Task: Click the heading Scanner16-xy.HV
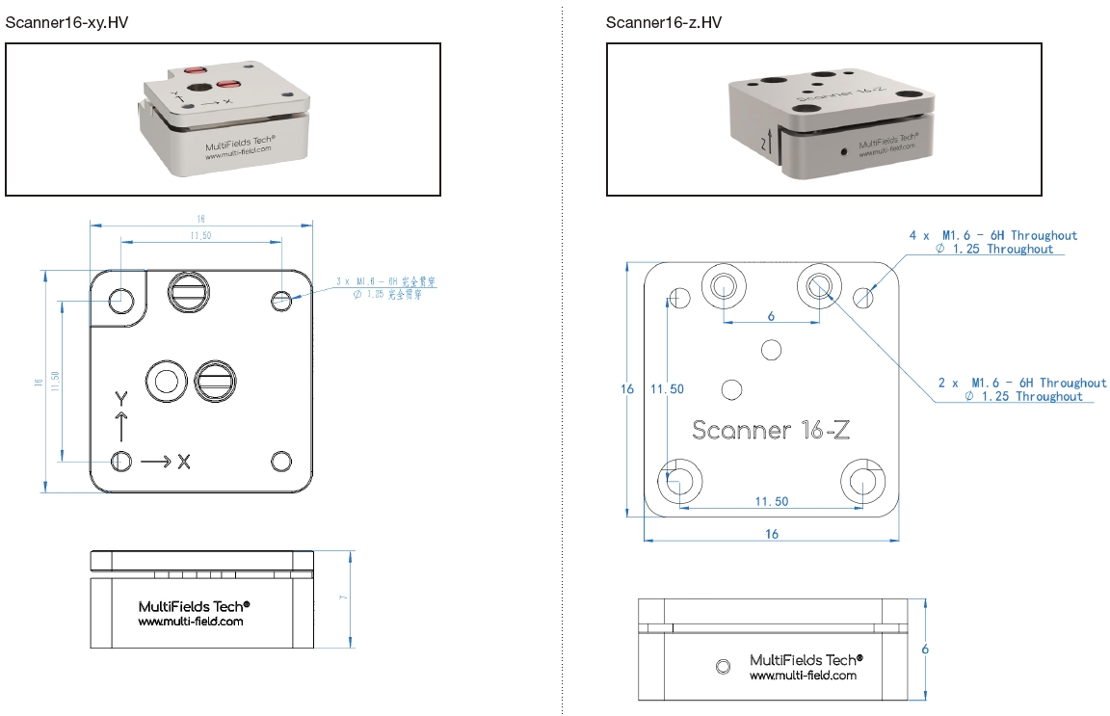(66, 22)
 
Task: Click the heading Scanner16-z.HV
(664, 22)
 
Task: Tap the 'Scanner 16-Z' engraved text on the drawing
(770, 430)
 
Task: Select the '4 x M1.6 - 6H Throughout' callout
(993, 235)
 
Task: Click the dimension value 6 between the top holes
(771, 315)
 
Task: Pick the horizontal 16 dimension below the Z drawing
(771, 534)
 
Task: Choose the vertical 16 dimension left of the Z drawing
(628, 389)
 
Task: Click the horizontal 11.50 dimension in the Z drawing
(771, 501)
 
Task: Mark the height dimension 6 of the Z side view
(925, 650)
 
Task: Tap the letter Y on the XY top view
(120, 399)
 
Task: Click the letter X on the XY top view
(183, 463)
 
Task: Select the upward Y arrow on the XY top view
(120, 427)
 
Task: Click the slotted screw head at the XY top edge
(189, 291)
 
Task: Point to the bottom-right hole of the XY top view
(281, 462)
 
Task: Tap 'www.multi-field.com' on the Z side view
(803, 676)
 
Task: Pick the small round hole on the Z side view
(725, 665)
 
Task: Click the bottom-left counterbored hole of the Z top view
(678, 478)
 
